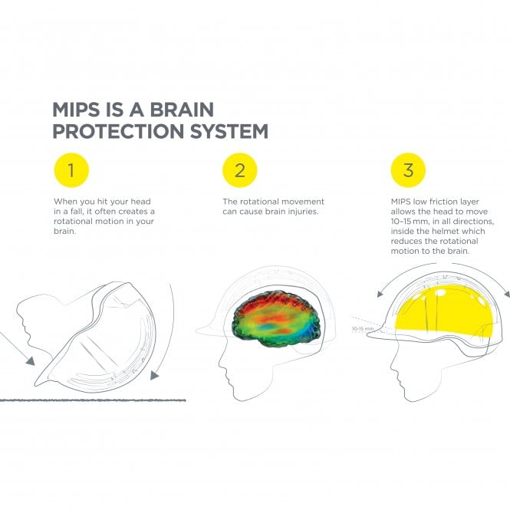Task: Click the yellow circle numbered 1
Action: click(71, 170)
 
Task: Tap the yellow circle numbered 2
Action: click(239, 170)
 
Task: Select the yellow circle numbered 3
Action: click(408, 170)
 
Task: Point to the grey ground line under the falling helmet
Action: click(92, 400)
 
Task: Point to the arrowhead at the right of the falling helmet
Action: click(156, 375)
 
